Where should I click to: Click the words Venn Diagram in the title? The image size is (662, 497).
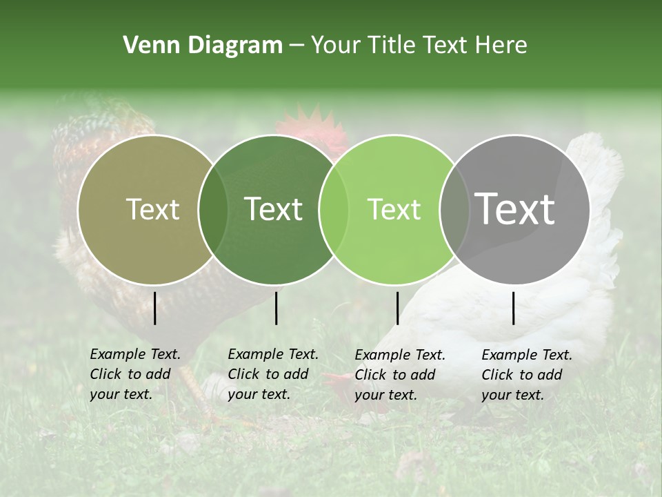pyautogui.click(x=202, y=46)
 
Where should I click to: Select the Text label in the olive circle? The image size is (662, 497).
pyautogui.click(x=152, y=209)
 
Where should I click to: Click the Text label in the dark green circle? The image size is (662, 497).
pyautogui.click(x=273, y=209)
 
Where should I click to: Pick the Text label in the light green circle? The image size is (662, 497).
pyautogui.click(x=394, y=209)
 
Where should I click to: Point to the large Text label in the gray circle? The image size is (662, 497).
pyautogui.click(x=514, y=208)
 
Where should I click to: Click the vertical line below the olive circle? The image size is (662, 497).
pyautogui.click(x=154, y=308)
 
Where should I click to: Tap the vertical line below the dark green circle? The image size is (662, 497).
pyautogui.click(x=276, y=308)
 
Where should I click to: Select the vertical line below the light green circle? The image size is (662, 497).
pyautogui.click(x=397, y=308)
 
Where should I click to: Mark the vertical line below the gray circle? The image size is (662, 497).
pyautogui.click(x=514, y=308)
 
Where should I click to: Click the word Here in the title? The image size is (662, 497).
pyautogui.click(x=503, y=46)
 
